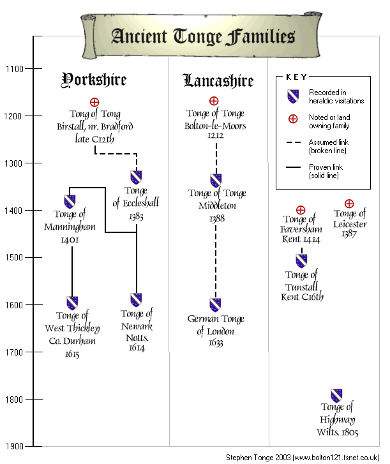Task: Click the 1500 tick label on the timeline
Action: [x=14, y=257]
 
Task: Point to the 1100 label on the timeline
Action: [x=14, y=69]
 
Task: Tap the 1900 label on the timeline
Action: [x=14, y=446]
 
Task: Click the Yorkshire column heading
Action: [x=94, y=80]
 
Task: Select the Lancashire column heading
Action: [x=218, y=80]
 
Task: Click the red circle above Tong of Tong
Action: [x=94, y=102]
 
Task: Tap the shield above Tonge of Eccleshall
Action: [x=136, y=177]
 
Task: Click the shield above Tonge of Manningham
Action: [x=70, y=201]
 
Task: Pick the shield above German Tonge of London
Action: [x=215, y=305]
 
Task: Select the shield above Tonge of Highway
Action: [x=336, y=396]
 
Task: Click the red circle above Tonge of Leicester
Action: [x=349, y=204]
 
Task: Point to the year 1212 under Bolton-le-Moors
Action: [x=215, y=135]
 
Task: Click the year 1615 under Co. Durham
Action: [x=72, y=354]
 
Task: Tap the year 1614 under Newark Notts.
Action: [x=137, y=347]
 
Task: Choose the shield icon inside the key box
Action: [x=293, y=96]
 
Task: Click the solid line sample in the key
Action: [x=293, y=167]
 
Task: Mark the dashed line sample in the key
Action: [x=294, y=142]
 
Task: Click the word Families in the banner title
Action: [x=260, y=36]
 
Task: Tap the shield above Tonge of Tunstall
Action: [x=301, y=260]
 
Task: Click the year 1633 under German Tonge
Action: [x=216, y=343]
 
